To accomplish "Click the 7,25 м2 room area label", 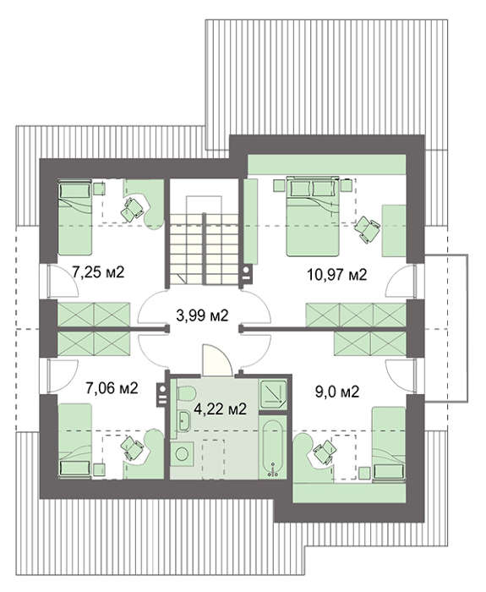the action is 98,271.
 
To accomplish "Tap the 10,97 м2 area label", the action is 337,275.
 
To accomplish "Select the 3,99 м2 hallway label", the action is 203,315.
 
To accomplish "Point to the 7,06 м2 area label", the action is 112,388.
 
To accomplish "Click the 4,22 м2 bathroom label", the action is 220,408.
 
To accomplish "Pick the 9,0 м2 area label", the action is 337,392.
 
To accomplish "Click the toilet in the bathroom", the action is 186,393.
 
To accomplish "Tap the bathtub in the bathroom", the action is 272,448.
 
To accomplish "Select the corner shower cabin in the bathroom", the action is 273,394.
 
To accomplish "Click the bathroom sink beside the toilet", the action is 184,421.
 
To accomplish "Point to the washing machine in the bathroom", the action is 182,454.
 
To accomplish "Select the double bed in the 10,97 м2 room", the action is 313,217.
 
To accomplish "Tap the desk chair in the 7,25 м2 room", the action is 133,208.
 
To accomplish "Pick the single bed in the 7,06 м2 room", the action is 75,441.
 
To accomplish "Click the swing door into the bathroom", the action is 217,359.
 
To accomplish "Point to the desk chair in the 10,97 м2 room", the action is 367,229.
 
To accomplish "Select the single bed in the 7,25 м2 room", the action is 74,217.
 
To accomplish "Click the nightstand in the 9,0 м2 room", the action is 364,473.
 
